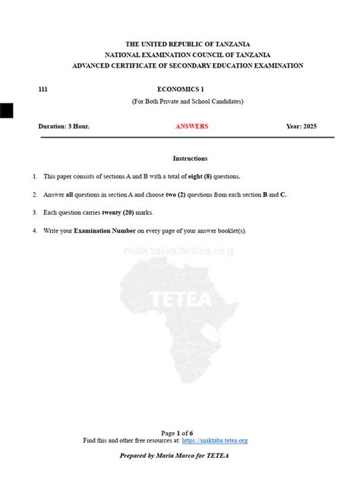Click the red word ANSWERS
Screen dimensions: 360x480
pos(191,126)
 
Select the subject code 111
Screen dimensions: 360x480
pos(43,89)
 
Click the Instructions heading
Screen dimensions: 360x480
pos(190,158)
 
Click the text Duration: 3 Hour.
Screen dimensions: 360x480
pos(64,126)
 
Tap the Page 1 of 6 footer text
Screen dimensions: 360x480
pos(182,433)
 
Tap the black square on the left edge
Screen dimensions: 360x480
pos(6,111)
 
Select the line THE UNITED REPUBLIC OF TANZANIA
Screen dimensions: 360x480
pos(188,45)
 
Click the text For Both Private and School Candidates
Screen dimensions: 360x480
pos(188,101)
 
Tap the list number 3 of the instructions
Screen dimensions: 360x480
pos(34,213)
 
